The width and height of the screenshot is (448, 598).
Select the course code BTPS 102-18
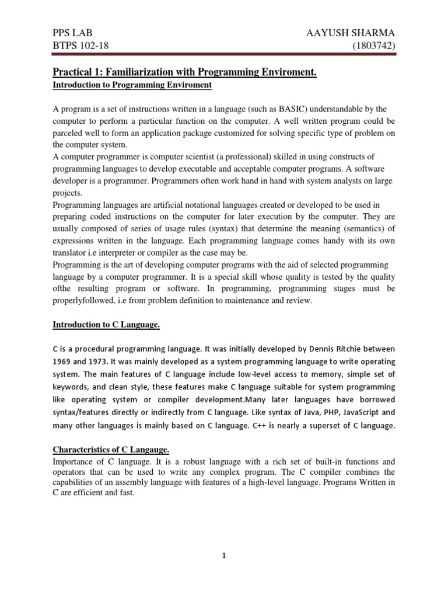point(80,46)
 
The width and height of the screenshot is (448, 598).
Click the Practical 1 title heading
point(185,72)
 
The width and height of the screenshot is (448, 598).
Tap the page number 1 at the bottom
point(223,557)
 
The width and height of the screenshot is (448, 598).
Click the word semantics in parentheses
point(360,229)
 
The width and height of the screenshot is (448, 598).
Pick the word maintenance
point(238,301)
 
